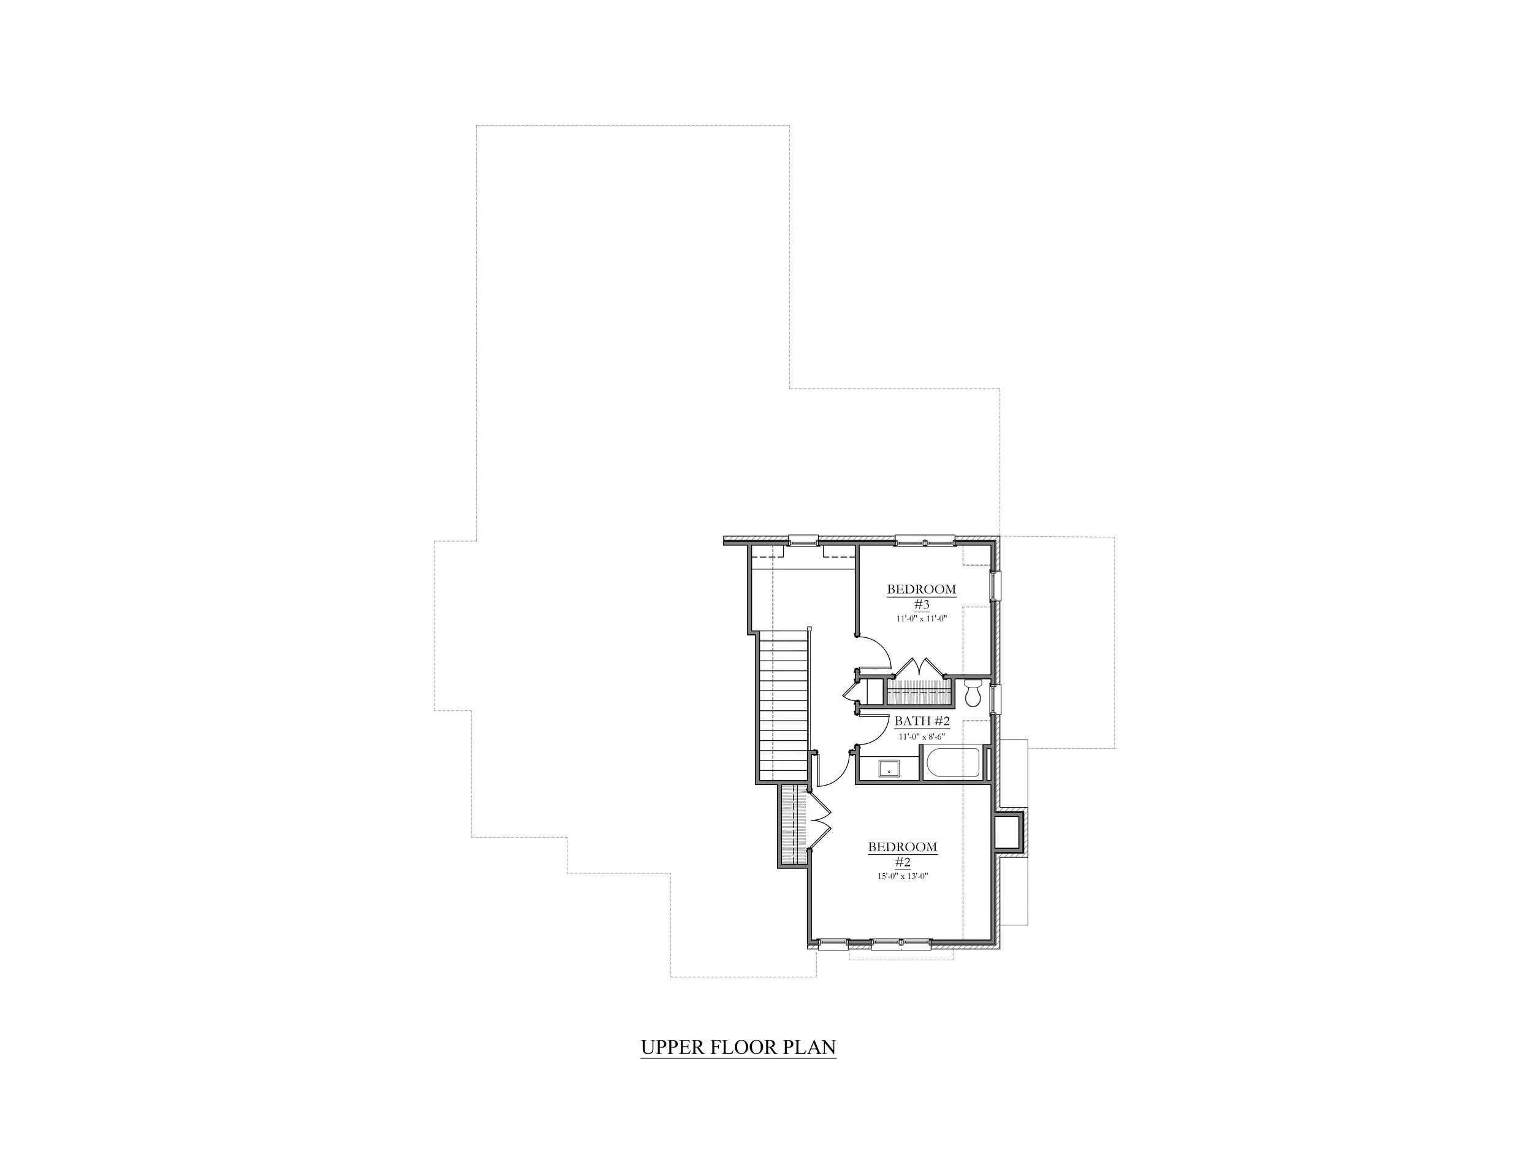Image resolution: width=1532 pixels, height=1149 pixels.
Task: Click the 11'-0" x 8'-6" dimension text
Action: (922, 737)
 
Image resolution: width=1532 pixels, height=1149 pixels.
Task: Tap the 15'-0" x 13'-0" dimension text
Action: (903, 876)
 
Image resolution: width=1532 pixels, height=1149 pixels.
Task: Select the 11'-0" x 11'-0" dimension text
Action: (922, 618)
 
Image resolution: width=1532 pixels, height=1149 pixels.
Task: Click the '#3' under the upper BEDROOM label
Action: (922, 604)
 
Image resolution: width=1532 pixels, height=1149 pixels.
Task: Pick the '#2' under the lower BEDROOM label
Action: (903, 862)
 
